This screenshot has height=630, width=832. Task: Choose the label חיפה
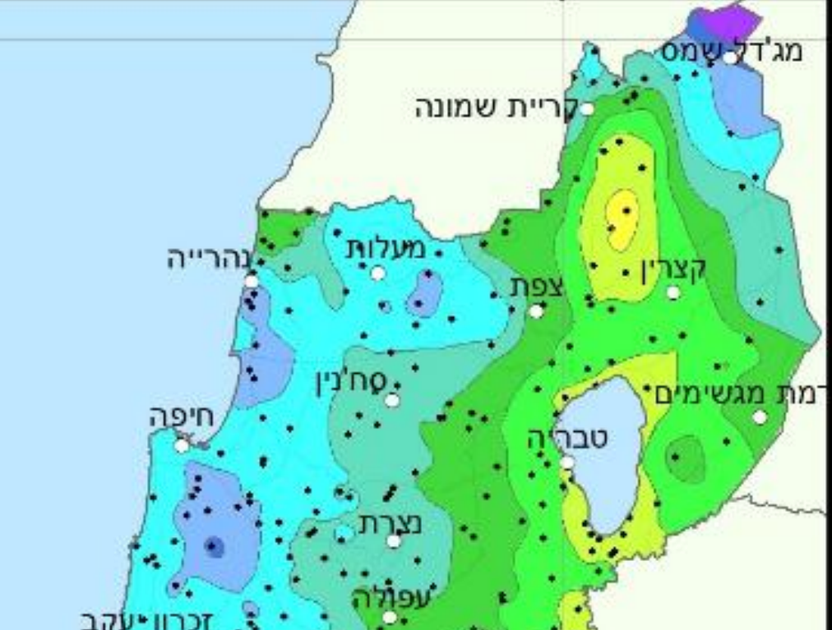tap(182, 416)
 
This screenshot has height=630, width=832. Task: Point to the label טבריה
tap(568, 439)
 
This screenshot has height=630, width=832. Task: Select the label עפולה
tap(391, 599)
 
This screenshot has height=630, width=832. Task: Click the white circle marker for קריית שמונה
tap(587, 108)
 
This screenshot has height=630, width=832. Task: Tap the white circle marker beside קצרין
tap(673, 292)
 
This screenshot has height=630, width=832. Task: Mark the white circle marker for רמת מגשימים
tap(760, 417)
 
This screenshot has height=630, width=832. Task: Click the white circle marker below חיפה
tap(182, 445)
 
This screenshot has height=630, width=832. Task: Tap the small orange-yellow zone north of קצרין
tap(622, 218)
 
